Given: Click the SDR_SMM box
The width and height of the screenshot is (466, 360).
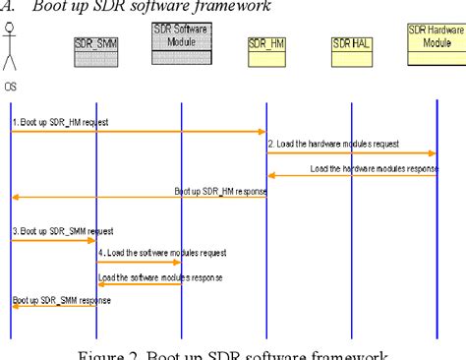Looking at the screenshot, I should click(96, 44).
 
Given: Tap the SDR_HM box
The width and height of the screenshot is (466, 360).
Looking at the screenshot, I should click(266, 44).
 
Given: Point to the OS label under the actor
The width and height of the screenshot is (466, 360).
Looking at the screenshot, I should click(11, 86).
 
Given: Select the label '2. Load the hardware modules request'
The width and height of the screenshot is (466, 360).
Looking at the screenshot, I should click(334, 144).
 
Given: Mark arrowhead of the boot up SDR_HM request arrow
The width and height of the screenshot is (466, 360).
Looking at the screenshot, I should click(262, 131).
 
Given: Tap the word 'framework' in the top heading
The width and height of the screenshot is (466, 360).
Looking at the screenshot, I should click(235, 8).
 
